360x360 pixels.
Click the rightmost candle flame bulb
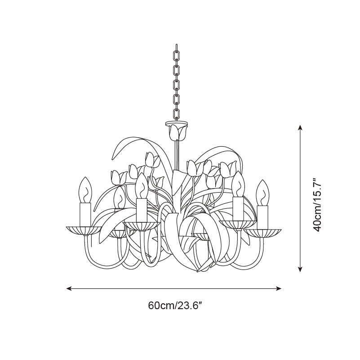[262, 193]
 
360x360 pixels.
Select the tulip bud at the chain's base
[177, 132]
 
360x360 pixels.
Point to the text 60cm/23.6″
[174, 306]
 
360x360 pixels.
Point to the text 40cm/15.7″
[318, 204]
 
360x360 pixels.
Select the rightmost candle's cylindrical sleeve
[263, 216]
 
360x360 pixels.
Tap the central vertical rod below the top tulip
[177, 153]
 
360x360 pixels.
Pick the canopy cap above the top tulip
[177, 123]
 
